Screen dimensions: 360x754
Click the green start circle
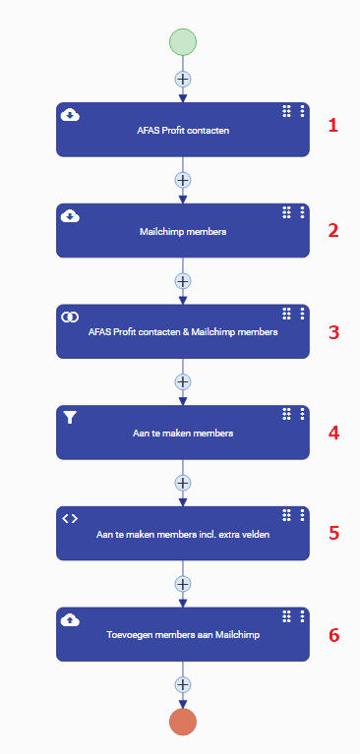point(183,42)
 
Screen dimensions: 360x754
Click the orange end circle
point(183,722)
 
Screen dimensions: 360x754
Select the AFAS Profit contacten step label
point(183,131)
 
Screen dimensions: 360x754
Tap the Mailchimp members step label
point(183,231)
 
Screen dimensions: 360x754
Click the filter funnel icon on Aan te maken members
point(70,418)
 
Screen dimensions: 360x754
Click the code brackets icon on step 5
point(70,518)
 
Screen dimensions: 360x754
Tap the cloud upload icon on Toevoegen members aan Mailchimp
point(70,620)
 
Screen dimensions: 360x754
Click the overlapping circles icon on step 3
point(70,317)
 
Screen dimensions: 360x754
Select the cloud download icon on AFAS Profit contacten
point(70,115)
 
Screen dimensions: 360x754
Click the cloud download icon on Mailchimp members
point(70,216)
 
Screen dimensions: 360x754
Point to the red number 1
point(333,126)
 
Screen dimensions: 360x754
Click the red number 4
point(334,434)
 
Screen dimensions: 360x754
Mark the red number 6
point(334,635)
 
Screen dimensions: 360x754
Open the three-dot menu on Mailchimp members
point(302,212)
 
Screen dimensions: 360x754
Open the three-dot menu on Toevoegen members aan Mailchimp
point(302,616)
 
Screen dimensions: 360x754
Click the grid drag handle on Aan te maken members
point(287,414)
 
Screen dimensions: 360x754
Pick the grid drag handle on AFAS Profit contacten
point(287,111)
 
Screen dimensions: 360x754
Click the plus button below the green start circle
point(183,79)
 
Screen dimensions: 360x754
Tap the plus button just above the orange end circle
point(183,684)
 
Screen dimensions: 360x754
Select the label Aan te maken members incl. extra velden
point(183,534)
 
